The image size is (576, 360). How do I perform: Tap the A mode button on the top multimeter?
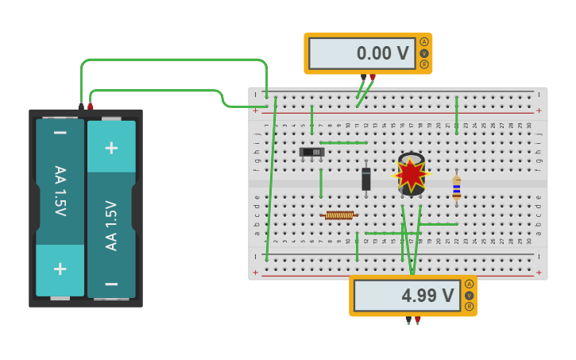click(424, 42)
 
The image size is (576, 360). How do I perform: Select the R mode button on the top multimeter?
click(424, 64)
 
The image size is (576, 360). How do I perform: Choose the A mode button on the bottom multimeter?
click(469, 284)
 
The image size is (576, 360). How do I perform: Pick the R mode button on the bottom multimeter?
click(469, 306)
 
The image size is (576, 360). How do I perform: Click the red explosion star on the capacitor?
click(411, 173)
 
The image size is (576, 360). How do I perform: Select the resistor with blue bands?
click(456, 187)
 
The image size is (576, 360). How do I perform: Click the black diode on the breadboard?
click(366, 179)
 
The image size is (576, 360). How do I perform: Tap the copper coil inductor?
click(339, 215)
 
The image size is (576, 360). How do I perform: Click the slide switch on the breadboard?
click(311, 152)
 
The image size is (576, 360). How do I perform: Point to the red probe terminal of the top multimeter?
click(373, 77)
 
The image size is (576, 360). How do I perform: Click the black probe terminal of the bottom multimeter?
click(408, 319)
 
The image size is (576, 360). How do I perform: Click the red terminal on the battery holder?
click(91, 106)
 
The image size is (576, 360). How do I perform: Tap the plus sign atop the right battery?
click(111, 147)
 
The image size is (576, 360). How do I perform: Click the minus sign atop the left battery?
click(60, 132)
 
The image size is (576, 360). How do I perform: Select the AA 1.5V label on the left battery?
click(60, 191)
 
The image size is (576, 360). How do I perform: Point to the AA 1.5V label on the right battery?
click(111, 225)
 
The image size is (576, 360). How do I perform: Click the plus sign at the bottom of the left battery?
click(60, 269)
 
